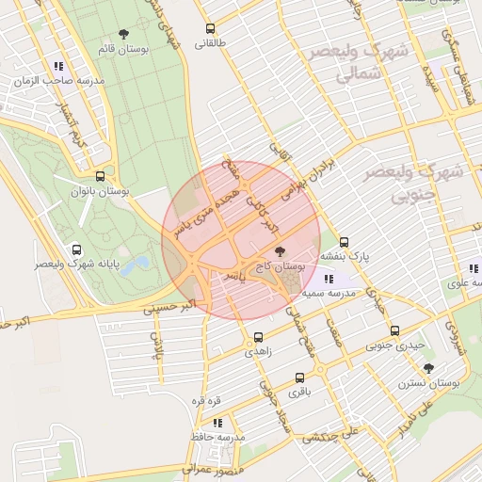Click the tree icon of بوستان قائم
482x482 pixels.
click(x=124, y=35)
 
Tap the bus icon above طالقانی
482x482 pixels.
click(x=210, y=28)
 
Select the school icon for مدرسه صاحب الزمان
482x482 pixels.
click(x=59, y=67)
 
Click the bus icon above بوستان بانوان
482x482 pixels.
click(x=100, y=176)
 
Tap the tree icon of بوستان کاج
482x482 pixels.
click(x=280, y=251)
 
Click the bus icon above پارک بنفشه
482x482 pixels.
click(x=344, y=241)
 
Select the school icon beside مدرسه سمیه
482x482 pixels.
click(x=328, y=280)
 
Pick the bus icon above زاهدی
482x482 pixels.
click(x=258, y=336)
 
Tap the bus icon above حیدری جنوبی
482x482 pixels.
click(x=394, y=330)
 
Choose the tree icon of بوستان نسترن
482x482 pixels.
click(x=429, y=368)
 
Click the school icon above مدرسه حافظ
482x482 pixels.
click(x=217, y=424)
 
